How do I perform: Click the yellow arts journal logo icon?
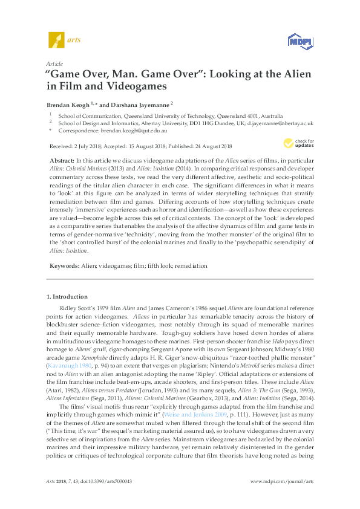56,39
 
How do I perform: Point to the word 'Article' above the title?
55,63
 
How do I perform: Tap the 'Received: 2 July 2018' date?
74,146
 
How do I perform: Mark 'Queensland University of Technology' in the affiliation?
163,114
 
